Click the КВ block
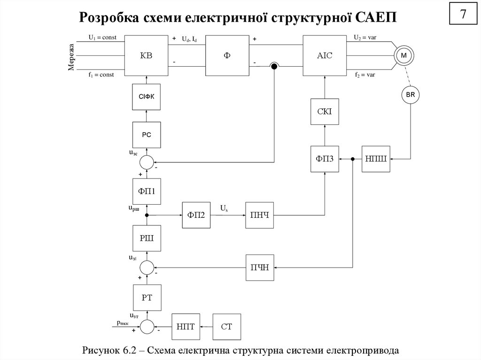147,55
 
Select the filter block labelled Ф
227,55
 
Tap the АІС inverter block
324,55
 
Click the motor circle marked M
403,56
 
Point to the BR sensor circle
410,95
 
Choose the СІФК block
147,97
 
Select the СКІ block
325,111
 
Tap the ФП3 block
325,159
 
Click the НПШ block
376,159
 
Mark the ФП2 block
197,215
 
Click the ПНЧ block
259,215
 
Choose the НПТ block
186,326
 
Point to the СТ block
227,326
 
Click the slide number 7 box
463,15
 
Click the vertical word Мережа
72,57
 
